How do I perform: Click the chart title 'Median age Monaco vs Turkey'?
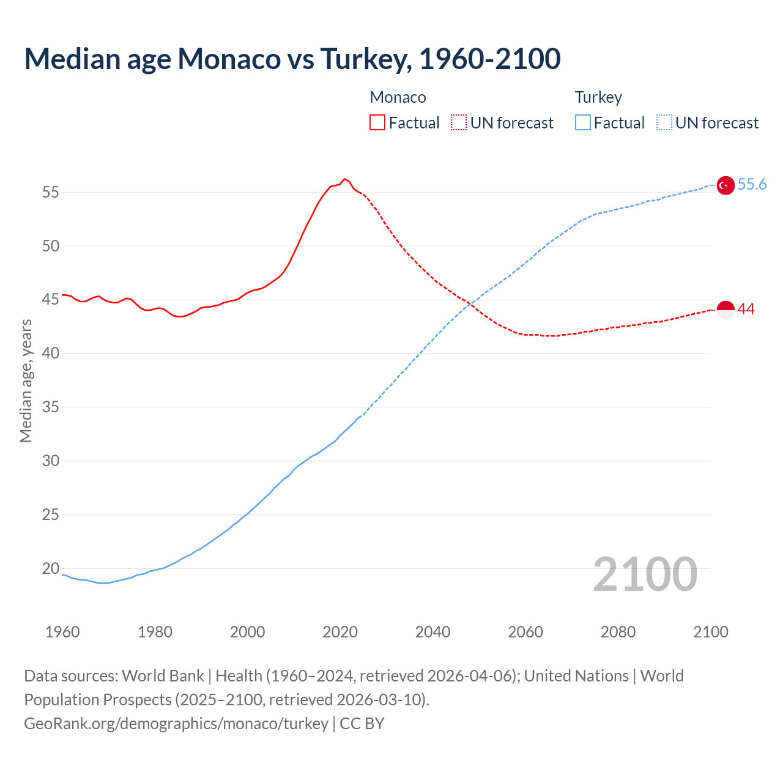(x=292, y=59)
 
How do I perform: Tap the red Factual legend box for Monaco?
(x=377, y=122)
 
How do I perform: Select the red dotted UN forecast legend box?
(x=459, y=122)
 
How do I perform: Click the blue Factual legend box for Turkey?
(x=583, y=122)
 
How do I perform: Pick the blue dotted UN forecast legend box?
(x=664, y=122)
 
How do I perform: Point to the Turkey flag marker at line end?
(x=725, y=185)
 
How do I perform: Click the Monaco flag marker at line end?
(x=725, y=310)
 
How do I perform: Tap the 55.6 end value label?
(x=752, y=185)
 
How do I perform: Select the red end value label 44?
(x=746, y=310)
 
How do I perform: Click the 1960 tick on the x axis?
(x=62, y=632)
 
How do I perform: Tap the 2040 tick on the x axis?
(x=432, y=632)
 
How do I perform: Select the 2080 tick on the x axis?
(x=618, y=632)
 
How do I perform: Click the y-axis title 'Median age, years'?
(x=26, y=380)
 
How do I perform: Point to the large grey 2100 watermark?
(x=645, y=574)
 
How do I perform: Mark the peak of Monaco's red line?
(x=344, y=179)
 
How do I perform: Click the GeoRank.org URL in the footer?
(x=176, y=724)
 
